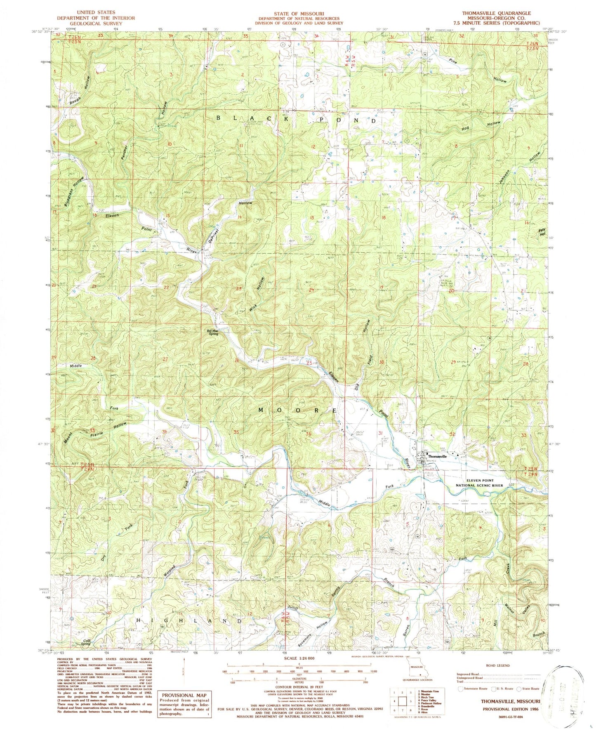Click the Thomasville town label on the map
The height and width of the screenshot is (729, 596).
pyautogui.click(x=437, y=457)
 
